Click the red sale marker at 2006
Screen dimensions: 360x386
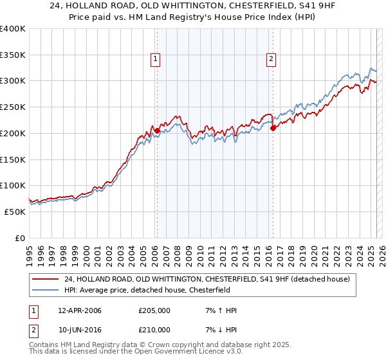(157, 130)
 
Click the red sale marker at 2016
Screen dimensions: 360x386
(273, 128)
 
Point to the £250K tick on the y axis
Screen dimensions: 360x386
(13, 107)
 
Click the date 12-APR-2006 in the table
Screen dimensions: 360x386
(80, 311)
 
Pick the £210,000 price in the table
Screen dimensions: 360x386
(154, 330)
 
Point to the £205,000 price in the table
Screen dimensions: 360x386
(154, 311)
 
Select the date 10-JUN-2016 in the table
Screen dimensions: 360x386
(80, 330)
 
